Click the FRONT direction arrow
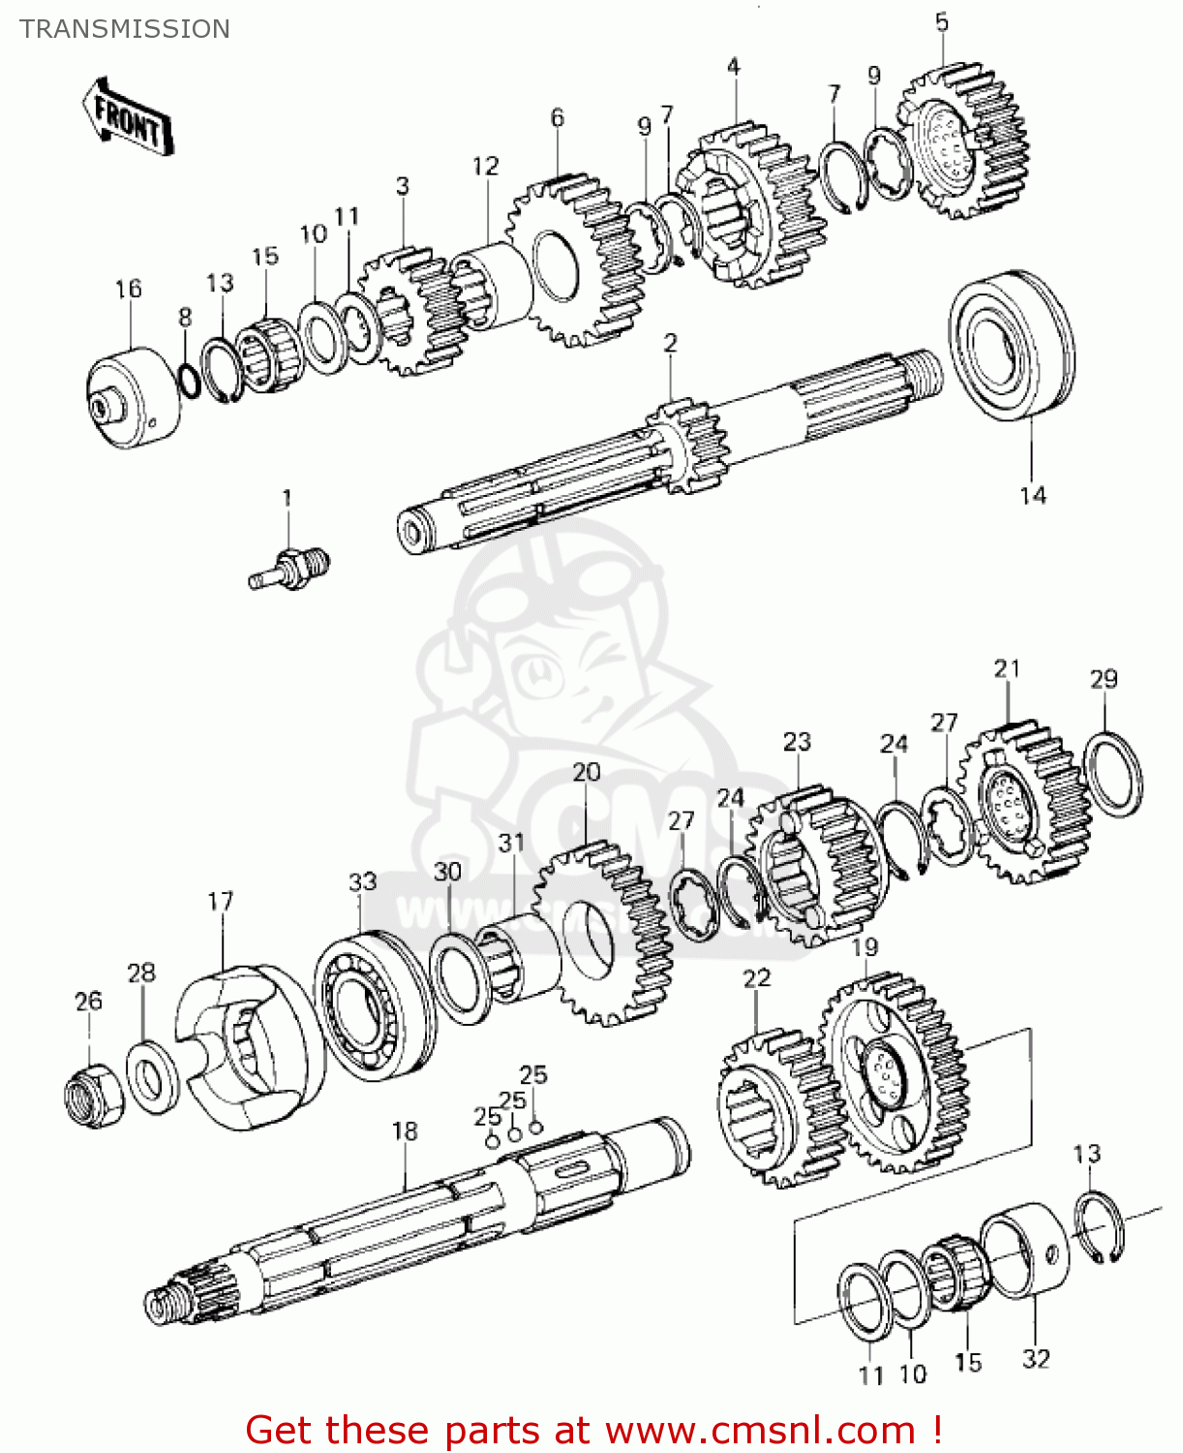coord(128,117)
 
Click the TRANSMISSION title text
coord(125,29)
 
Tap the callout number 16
coord(128,289)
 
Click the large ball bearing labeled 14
coord(1012,346)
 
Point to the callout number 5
coord(942,22)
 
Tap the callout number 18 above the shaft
coord(405,1130)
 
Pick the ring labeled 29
coord(1112,774)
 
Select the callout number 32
coord(1035,1359)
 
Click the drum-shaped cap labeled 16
coord(134,398)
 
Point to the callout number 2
coord(670,343)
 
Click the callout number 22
coord(756,978)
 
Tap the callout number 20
coord(586,773)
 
